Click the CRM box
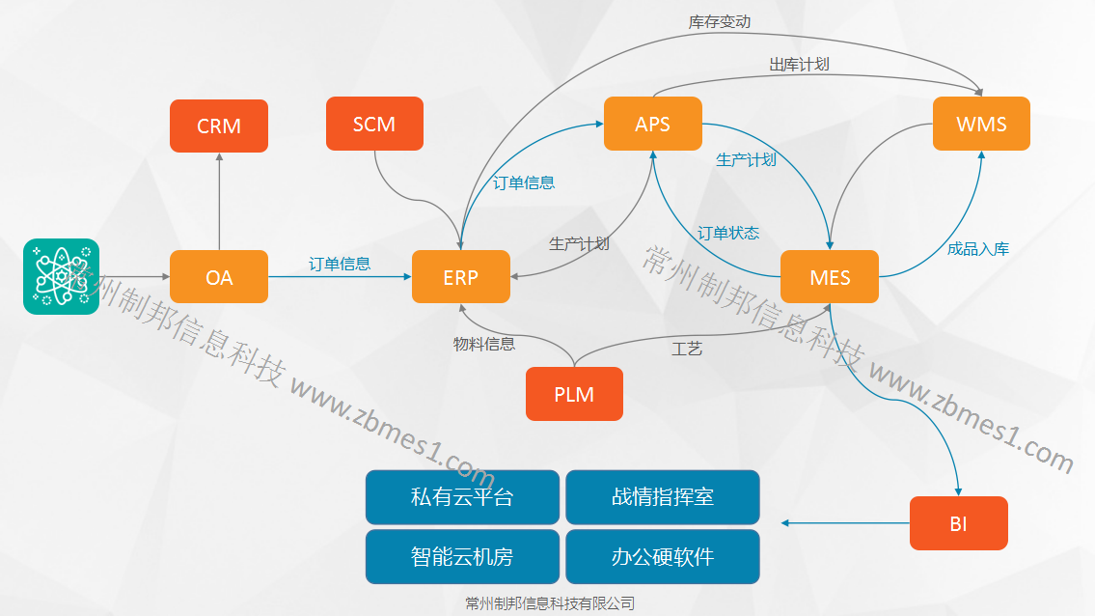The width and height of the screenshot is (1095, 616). coord(219,126)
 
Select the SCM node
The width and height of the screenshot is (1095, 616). coord(374,124)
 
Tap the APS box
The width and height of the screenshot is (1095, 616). coord(652,124)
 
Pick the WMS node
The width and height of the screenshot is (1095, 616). coord(981,124)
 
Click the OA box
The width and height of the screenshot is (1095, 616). coord(219,277)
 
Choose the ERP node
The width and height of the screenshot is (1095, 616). coord(460,277)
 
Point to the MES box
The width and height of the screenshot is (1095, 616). coord(830,277)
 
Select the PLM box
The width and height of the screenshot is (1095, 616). coord(574,394)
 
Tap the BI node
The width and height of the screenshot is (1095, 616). coord(958,524)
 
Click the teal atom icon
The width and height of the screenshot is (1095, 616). coord(62,276)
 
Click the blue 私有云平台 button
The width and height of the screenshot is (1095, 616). coord(462,497)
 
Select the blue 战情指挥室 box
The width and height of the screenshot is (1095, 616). coord(663,497)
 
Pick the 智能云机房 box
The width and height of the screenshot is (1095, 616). coord(462,557)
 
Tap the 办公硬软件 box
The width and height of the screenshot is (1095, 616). coord(663,557)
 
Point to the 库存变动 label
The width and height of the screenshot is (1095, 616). coord(720,21)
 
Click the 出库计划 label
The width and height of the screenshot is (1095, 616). coord(799,65)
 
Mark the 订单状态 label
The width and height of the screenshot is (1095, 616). coord(728,233)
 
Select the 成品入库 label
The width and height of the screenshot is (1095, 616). coord(978,248)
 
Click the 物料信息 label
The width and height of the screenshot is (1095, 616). coord(484,343)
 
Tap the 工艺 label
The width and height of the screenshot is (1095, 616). coord(686,349)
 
